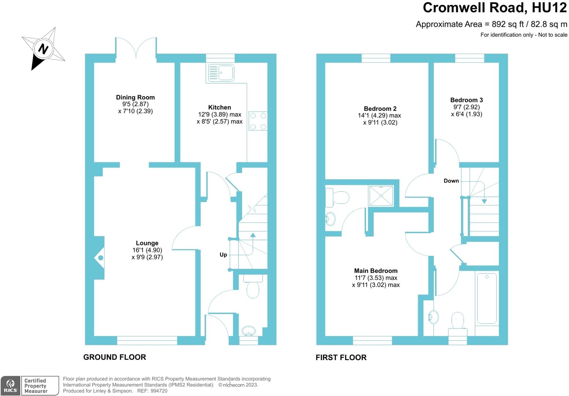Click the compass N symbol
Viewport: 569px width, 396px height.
point(44,48)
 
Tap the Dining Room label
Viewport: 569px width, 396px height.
point(135,97)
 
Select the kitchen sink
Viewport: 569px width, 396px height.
point(221,73)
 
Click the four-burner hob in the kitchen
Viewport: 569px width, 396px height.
point(258,121)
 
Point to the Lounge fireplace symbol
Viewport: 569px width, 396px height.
point(100,258)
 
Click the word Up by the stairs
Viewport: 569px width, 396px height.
point(223,255)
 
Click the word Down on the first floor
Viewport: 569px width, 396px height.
point(451,181)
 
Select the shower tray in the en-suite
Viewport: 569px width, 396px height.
point(381,196)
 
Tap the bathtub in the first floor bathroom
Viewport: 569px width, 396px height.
point(487,298)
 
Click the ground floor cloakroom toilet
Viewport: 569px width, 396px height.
point(253,288)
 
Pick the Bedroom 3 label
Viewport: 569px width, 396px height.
point(466,100)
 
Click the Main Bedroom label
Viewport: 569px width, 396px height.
point(376,271)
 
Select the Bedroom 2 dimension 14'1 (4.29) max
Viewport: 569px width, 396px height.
point(379,115)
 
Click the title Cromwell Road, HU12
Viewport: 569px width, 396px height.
point(495,8)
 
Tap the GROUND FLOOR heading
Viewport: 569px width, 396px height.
point(114,357)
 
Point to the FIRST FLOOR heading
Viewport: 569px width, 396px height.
point(341,357)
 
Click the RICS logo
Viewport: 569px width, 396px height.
point(10,386)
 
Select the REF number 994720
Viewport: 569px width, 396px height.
point(159,391)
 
